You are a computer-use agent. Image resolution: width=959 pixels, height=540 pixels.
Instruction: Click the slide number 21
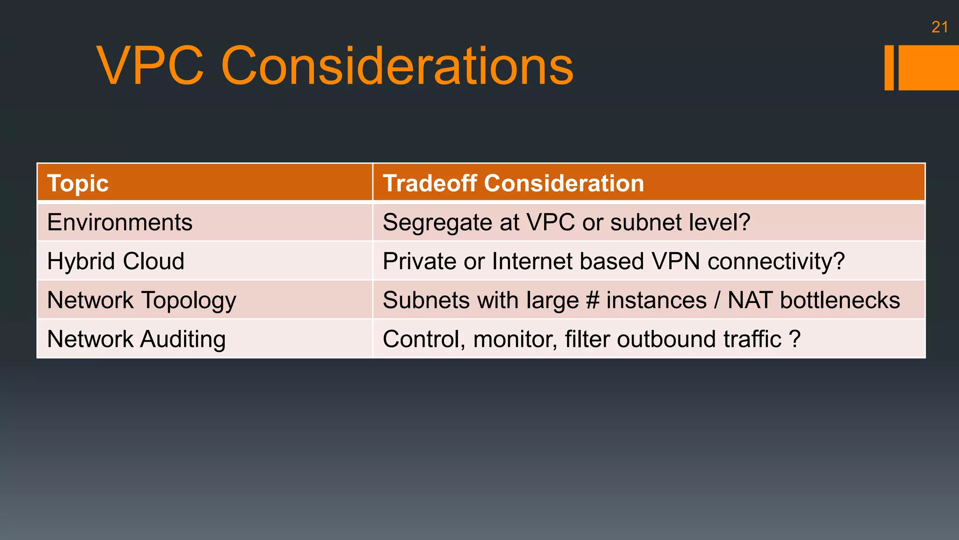939,27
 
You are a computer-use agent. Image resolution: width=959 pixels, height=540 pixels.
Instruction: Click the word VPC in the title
150,66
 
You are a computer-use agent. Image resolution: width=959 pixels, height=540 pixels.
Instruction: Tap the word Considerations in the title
397,66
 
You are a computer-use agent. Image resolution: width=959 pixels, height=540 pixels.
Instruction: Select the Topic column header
78,183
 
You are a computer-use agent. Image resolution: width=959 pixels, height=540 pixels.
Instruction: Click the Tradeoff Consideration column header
513,183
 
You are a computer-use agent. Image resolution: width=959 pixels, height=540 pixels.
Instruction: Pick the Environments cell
120,222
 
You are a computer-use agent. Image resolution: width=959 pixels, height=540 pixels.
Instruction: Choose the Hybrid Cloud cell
116,261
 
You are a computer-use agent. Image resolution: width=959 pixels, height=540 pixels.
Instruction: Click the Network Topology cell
141,300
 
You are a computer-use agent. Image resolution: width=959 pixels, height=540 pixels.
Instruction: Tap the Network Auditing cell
136,339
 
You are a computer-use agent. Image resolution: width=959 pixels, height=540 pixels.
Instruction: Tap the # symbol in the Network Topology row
592,300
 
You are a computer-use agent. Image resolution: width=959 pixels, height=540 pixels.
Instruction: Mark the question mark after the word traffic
795,339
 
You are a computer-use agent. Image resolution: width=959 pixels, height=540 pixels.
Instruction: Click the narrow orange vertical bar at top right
889,67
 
